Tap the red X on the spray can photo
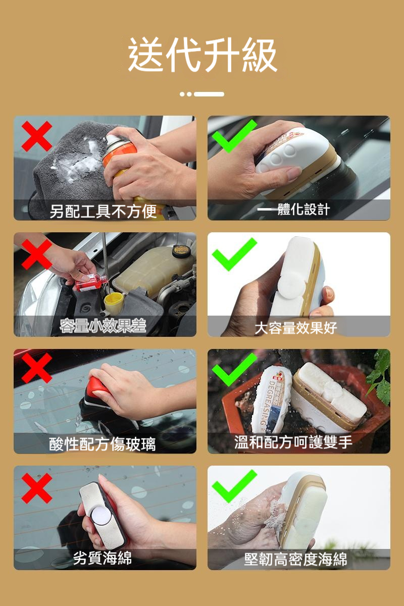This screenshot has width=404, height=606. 37,136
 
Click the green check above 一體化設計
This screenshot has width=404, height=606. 234,135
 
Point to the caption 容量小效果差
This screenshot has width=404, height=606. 103,327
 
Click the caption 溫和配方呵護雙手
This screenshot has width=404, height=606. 293,442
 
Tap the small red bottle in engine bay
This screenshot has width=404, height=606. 91,282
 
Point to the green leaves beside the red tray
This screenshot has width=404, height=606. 381,376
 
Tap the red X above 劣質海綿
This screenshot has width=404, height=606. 37,488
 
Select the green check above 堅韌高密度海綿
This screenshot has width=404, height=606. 234,486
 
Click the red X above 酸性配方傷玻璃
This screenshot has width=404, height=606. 37,368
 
